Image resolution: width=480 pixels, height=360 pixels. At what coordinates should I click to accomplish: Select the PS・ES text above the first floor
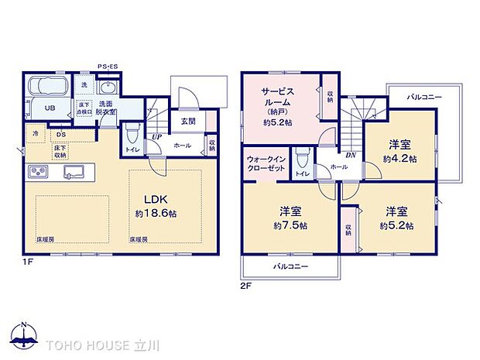(108, 67)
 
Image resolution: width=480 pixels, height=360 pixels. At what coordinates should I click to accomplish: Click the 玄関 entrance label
(188, 121)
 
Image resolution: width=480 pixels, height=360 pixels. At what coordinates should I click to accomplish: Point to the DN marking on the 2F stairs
(351, 155)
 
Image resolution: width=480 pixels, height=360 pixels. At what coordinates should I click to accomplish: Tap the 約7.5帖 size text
(290, 225)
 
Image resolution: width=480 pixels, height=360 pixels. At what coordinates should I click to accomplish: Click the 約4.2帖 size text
(399, 158)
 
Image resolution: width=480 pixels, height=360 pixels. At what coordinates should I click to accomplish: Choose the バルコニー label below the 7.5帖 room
(290, 266)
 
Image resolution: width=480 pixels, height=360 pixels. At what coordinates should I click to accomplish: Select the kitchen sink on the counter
(74, 171)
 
